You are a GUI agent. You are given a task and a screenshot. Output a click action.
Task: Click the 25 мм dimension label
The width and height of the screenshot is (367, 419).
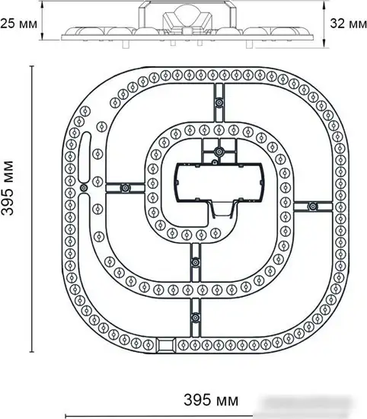(18, 24)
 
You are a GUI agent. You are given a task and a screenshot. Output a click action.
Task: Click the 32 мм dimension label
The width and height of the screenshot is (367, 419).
(348, 24)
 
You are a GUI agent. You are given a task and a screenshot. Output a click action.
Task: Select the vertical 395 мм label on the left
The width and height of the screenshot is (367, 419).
(8, 188)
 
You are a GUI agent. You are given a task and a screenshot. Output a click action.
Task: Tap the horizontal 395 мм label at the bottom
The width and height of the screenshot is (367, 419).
(211, 400)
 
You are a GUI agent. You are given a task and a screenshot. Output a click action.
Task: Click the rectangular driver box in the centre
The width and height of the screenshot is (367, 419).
(219, 182)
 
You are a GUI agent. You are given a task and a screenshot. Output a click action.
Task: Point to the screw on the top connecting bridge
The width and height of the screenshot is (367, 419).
(219, 103)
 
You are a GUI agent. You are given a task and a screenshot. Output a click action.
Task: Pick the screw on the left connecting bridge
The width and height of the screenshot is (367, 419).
(125, 188)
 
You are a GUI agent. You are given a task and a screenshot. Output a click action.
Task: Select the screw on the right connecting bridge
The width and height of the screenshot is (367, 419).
(312, 206)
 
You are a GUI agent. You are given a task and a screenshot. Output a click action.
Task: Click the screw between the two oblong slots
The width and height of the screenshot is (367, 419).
(84, 187)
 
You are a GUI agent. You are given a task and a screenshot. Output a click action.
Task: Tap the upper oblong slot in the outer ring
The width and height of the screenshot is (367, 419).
(86, 156)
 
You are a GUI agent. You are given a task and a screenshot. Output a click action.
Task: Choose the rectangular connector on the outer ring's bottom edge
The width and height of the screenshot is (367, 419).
(165, 345)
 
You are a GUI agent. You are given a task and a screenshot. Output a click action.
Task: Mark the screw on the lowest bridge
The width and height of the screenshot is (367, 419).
(196, 318)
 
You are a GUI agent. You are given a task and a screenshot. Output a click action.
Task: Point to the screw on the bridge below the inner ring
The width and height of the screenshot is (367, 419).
(196, 262)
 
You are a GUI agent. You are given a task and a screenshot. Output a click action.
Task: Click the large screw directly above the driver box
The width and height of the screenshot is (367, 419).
(219, 152)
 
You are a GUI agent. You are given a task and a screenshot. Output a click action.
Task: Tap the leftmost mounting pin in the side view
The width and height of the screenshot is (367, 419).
(126, 44)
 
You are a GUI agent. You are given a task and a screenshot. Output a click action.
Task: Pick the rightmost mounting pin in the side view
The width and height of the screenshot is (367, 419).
(250, 44)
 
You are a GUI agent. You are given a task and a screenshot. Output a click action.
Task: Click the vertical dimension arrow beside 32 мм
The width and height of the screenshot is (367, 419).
(324, 24)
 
